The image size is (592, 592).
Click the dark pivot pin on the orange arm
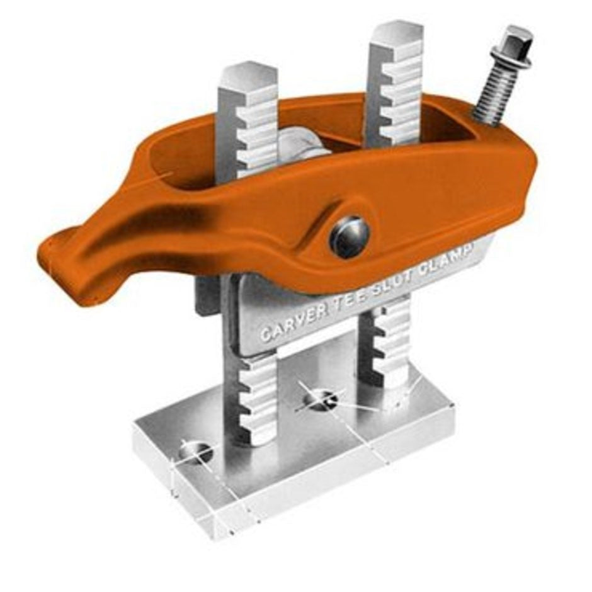(348, 237)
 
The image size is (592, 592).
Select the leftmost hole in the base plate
(195, 451)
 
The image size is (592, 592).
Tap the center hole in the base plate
(321, 399)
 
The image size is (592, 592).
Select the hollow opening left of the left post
(189, 161)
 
